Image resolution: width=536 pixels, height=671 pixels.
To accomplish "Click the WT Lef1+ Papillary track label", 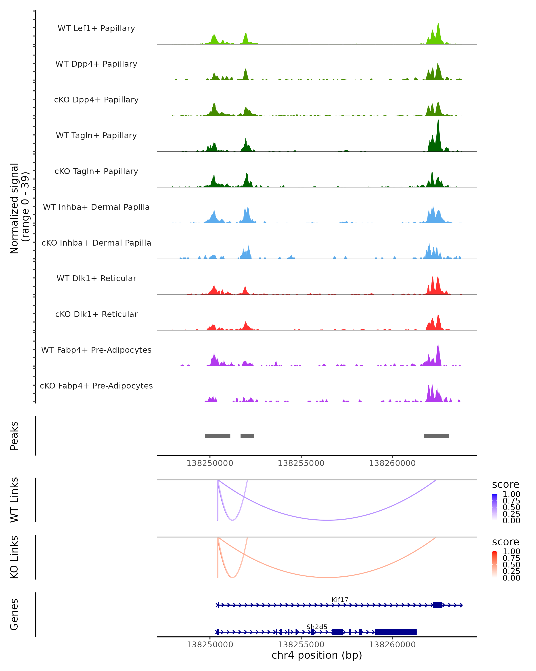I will click(x=96, y=28).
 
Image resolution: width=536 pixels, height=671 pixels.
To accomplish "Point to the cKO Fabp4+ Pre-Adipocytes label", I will click(x=96, y=386).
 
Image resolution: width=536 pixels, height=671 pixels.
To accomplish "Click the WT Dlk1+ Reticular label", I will click(x=96, y=278).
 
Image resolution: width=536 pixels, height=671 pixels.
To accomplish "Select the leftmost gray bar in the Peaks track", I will click(x=218, y=436).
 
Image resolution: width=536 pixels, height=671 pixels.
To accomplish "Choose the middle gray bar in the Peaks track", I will click(x=247, y=436).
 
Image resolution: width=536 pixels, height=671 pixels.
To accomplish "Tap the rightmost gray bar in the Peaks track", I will click(x=436, y=436).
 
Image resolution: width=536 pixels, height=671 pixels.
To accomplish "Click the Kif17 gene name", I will click(x=340, y=600).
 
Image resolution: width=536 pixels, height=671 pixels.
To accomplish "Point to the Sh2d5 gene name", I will click(x=317, y=627).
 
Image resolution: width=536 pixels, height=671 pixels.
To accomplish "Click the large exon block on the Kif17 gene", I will click(x=438, y=605).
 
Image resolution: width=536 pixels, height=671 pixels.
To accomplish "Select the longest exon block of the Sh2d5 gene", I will click(x=396, y=632).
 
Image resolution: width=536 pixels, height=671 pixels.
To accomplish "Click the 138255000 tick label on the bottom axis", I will click(x=301, y=645).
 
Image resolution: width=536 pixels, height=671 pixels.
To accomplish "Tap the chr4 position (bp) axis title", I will click(x=317, y=655).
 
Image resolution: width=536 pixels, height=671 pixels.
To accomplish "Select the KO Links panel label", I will click(x=14, y=557).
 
